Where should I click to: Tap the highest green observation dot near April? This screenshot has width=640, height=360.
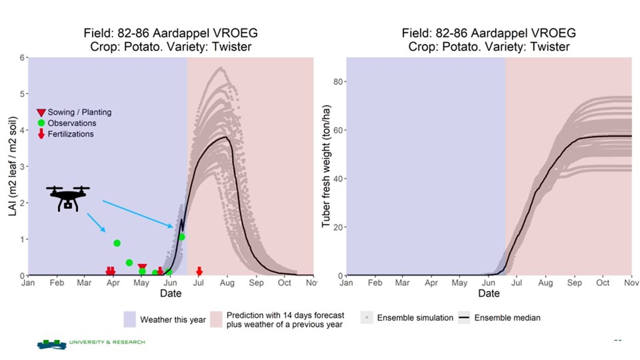click(117, 243)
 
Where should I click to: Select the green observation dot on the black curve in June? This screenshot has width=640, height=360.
click(182, 237)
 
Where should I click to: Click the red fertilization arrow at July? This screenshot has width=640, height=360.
click(199, 271)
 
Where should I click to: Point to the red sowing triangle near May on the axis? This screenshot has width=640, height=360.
click(142, 266)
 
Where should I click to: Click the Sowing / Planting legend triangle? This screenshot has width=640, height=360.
click(41, 112)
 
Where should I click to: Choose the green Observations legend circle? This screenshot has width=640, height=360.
click(41, 123)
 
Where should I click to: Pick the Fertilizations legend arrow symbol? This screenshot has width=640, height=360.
click(41, 134)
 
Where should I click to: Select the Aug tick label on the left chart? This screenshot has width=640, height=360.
click(227, 283)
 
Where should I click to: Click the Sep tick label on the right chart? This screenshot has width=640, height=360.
click(574, 283)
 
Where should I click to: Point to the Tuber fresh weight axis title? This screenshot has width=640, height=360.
click(326, 166)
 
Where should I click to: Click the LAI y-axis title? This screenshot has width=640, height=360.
click(12, 166)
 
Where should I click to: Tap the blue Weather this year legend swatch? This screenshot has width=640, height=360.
click(130, 319)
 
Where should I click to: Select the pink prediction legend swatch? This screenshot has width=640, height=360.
click(216, 319)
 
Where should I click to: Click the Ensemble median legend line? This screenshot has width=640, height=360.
click(464, 318)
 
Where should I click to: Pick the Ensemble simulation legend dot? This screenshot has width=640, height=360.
click(367, 318)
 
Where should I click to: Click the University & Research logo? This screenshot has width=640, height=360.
click(91, 344)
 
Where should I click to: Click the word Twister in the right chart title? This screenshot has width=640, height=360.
click(550, 46)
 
